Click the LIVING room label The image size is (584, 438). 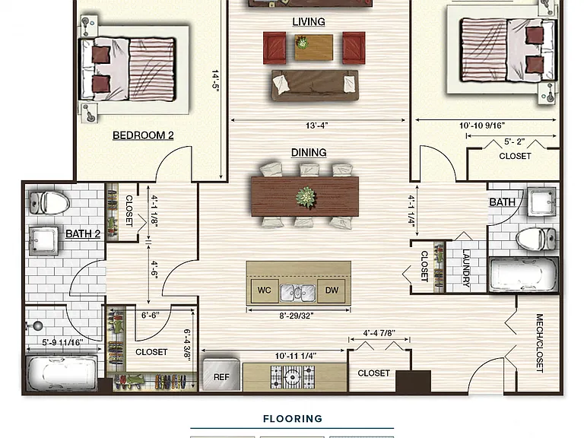click(309, 21)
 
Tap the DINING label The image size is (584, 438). click(309, 152)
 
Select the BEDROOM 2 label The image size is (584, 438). click(143, 135)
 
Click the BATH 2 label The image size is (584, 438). click(83, 233)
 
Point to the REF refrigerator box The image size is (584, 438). click(221, 375)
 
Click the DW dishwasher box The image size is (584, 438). click(331, 290)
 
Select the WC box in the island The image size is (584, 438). click(264, 290)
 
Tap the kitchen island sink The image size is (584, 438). click(298, 292)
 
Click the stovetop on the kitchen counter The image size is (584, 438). click(292, 377)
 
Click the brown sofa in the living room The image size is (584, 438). click(315, 85)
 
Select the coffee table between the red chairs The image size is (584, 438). click(313, 47)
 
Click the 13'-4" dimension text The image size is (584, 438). click(316, 125)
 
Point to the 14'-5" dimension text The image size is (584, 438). click(215, 81)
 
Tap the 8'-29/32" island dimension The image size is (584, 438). click(297, 316)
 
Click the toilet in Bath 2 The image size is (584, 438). click(49, 202)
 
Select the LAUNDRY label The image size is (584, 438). click(465, 268)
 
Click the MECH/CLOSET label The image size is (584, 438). click(539, 343)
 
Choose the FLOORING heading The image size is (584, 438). click(293, 419)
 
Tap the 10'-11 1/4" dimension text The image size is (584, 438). click(296, 356)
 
